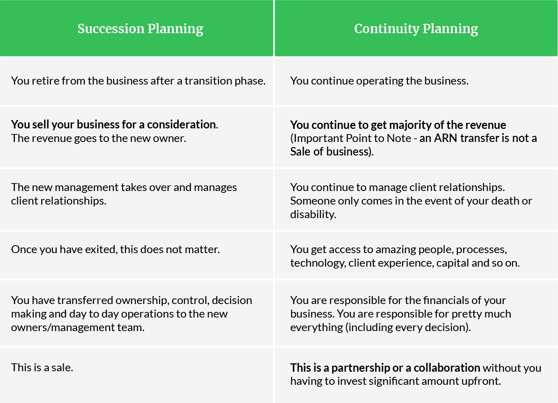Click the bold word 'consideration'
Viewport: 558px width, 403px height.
[x=181, y=124]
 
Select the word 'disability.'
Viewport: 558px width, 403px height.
[x=313, y=214]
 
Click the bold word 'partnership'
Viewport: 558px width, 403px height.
[x=361, y=368]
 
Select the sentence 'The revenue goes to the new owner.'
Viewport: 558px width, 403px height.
[x=99, y=138]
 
